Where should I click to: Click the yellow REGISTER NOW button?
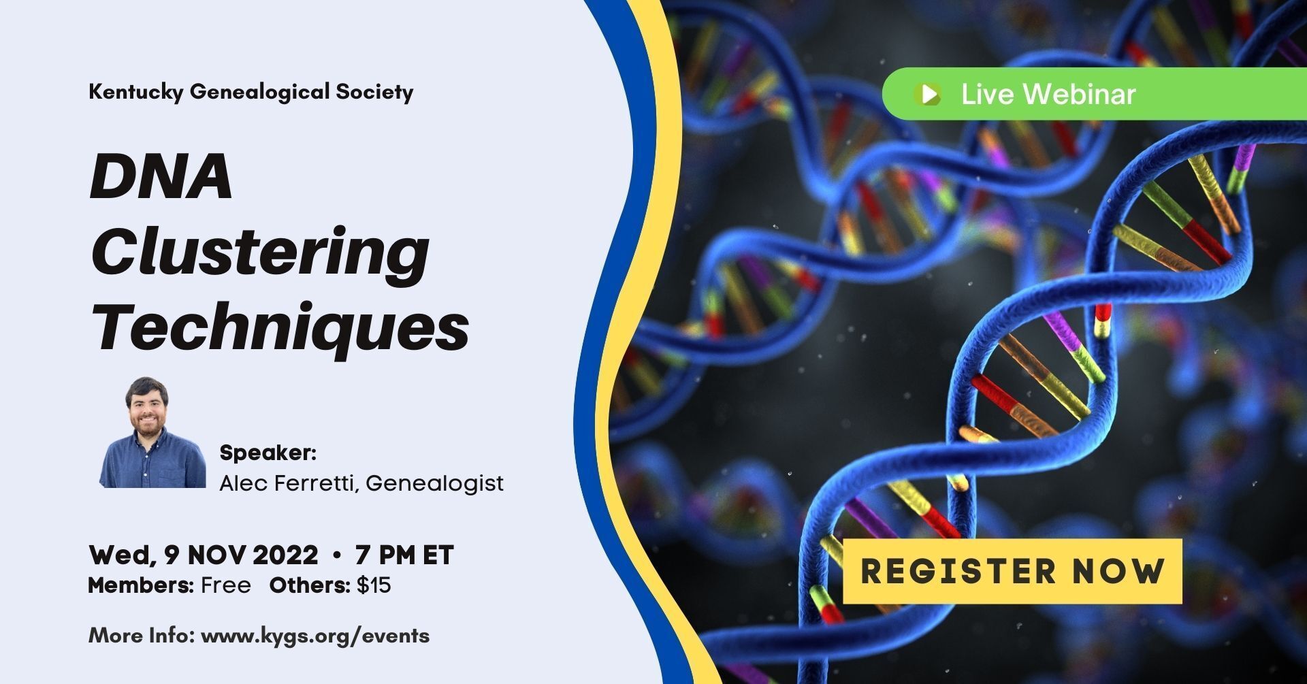tap(1012, 571)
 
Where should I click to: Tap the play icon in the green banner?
tap(929, 93)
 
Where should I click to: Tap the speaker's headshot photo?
tap(152, 432)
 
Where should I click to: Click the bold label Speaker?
tap(268, 453)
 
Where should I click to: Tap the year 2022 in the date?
tap(285, 555)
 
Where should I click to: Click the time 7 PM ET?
tap(404, 555)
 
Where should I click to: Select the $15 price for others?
tap(374, 585)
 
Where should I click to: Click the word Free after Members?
tap(226, 585)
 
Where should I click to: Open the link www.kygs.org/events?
tap(315, 636)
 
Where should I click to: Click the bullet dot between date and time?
tap(336, 556)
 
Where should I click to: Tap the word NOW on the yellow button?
tap(1118, 571)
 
